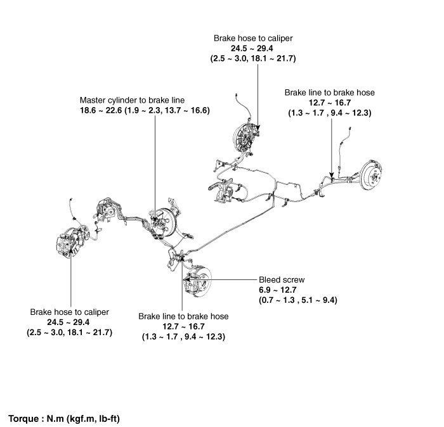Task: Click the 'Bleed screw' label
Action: point(282,279)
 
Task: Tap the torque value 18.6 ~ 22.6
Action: point(101,110)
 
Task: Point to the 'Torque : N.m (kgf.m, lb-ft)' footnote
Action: point(65,419)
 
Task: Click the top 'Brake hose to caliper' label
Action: point(253,38)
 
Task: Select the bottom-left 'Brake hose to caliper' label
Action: point(70,312)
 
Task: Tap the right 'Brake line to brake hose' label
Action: point(329,92)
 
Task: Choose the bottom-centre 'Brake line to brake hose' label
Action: point(183,315)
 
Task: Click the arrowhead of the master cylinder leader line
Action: point(155,219)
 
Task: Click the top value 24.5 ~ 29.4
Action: point(253,48)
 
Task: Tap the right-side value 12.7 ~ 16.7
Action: point(329,103)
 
